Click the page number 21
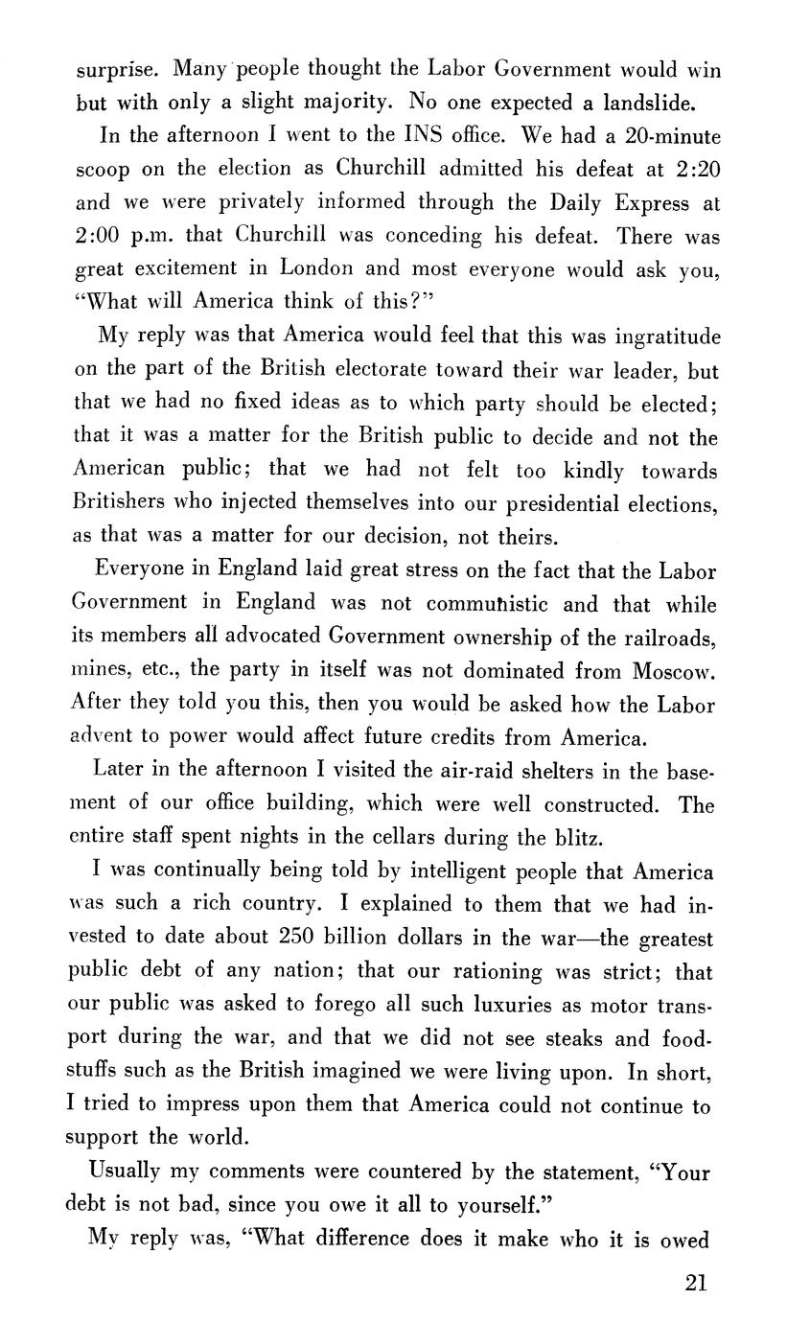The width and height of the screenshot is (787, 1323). coord(696,1283)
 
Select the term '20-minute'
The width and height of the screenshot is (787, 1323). coord(662,135)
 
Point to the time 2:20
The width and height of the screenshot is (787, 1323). coord(698,169)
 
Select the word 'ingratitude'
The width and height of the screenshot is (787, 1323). coord(652,338)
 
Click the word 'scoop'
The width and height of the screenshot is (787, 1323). coord(103,170)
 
